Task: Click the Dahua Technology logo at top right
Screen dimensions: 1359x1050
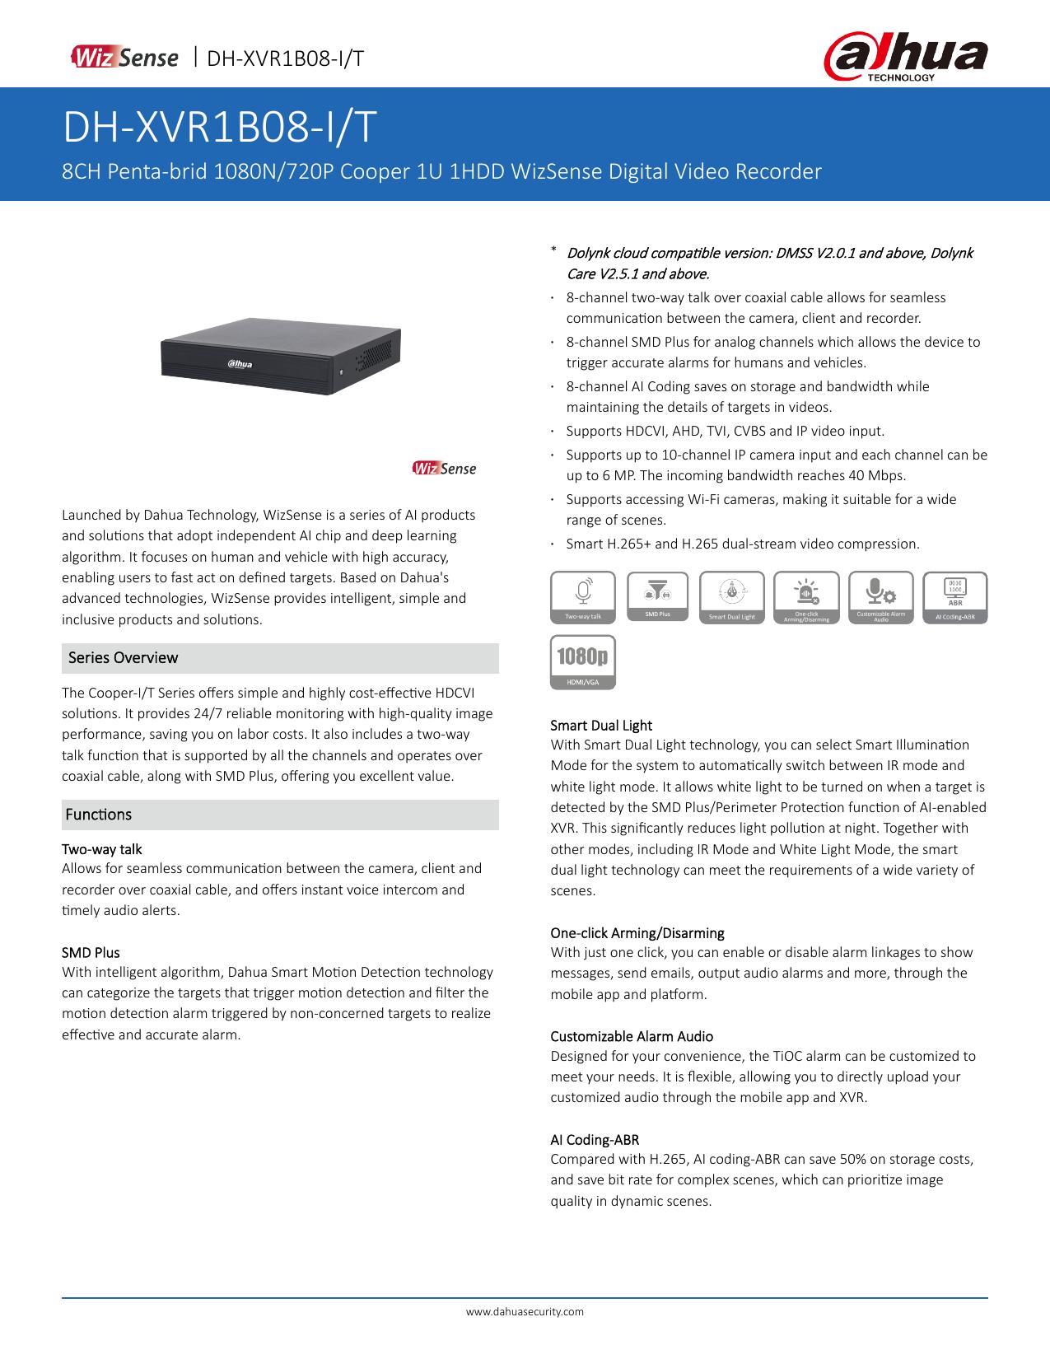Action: tap(906, 58)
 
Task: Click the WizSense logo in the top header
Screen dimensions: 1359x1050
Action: tap(124, 58)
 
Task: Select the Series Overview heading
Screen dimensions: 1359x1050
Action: tap(124, 657)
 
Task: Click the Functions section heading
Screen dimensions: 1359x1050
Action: tap(99, 815)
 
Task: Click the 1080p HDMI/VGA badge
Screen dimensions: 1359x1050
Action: tap(583, 661)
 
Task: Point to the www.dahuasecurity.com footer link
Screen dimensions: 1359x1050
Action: tap(525, 1311)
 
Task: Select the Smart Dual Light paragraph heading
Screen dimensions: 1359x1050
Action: tap(601, 726)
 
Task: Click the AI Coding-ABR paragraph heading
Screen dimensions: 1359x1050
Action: tap(595, 1140)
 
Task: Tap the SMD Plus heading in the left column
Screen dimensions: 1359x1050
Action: tap(91, 953)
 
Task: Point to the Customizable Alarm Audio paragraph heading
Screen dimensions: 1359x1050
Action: tap(632, 1036)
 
